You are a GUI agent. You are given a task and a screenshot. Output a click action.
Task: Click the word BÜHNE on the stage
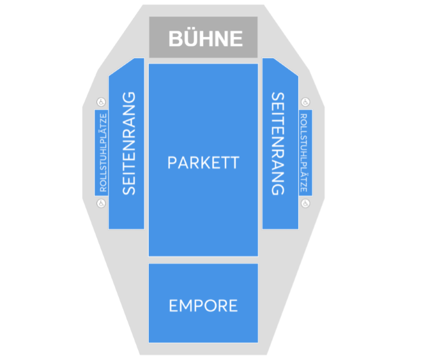tap(205, 38)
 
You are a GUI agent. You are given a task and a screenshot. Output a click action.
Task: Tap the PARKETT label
tap(203, 163)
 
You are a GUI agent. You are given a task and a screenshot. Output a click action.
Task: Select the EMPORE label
tap(203, 306)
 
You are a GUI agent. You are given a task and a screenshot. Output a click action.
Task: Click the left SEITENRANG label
tap(128, 144)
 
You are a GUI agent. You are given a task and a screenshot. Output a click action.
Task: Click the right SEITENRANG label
tap(278, 144)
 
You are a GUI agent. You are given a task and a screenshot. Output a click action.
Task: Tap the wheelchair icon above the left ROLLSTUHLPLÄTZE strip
tap(101, 102)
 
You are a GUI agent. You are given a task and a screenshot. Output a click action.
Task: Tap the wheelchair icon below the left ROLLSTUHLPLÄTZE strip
tap(101, 203)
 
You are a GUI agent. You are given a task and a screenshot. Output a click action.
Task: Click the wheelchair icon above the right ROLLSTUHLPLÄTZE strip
tap(305, 102)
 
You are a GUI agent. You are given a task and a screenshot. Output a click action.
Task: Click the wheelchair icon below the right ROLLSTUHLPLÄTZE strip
tap(305, 203)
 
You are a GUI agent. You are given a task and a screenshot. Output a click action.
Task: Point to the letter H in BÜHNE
tap(206, 38)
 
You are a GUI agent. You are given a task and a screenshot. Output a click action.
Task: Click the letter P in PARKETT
tap(172, 163)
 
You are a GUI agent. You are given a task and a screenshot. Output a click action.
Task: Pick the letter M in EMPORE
tap(185, 306)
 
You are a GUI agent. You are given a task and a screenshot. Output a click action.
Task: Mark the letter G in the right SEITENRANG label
tap(278, 189)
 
